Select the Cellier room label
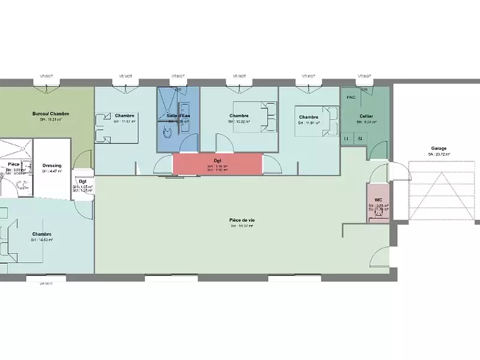[366, 115]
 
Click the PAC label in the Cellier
[352, 97]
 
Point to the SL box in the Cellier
[360, 139]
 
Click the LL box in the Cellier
[347, 139]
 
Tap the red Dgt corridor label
[218, 160]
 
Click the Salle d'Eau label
[178, 115]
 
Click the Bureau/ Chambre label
[51, 113]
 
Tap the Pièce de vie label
[241, 220]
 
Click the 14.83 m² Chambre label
[42, 234]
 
